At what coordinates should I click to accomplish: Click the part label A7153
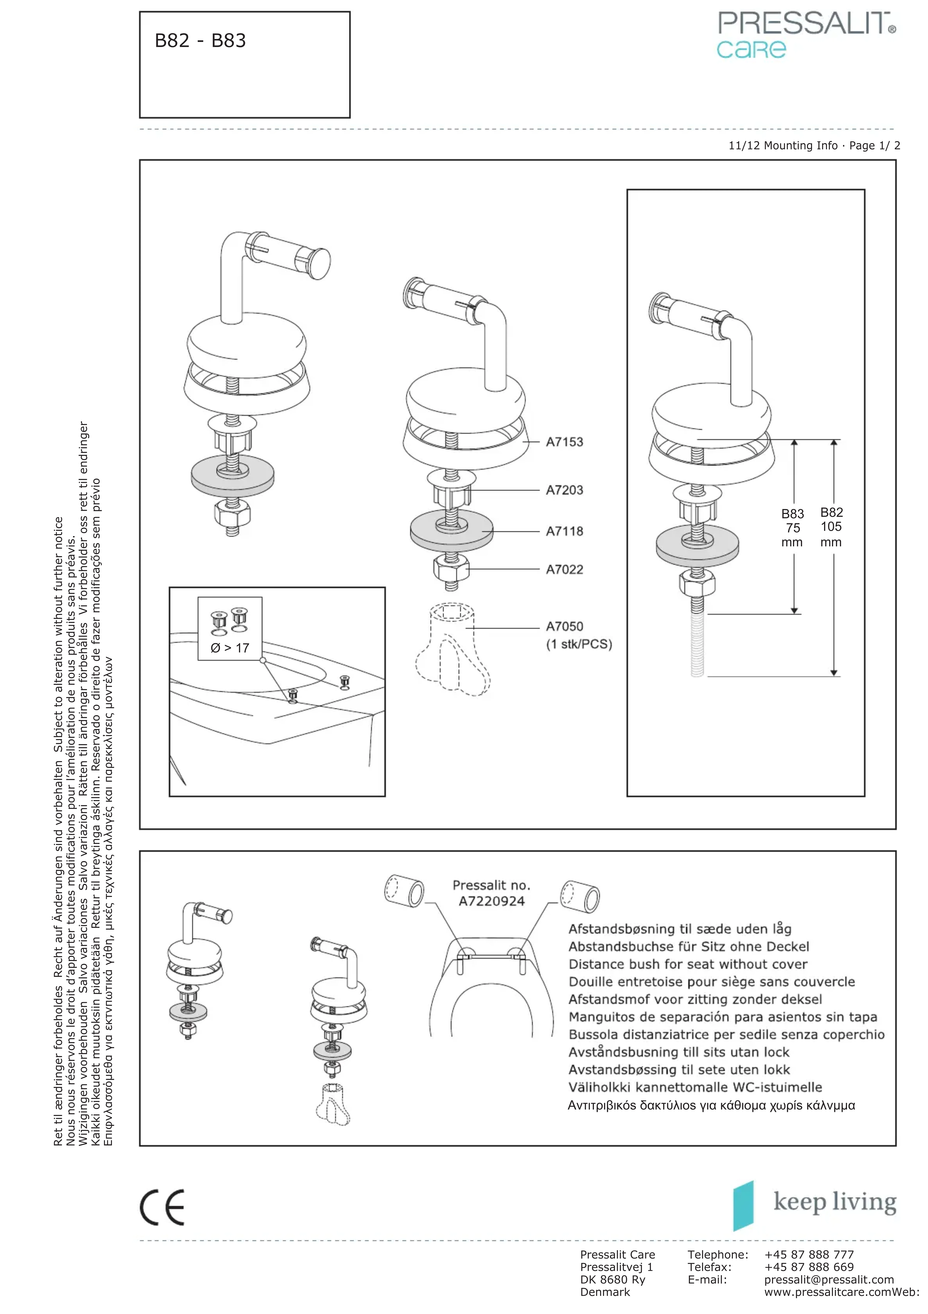coord(564,442)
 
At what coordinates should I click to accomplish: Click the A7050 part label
coord(564,627)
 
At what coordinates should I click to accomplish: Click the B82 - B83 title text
coord(200,41)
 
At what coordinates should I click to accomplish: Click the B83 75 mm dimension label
coord(792,528)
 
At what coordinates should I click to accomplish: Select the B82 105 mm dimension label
coord(831,526)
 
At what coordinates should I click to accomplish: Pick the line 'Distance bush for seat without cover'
coord(688,964)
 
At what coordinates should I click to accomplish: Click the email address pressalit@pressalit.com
coord(828,1280)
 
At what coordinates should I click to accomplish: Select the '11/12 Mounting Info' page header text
coord(783,145)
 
